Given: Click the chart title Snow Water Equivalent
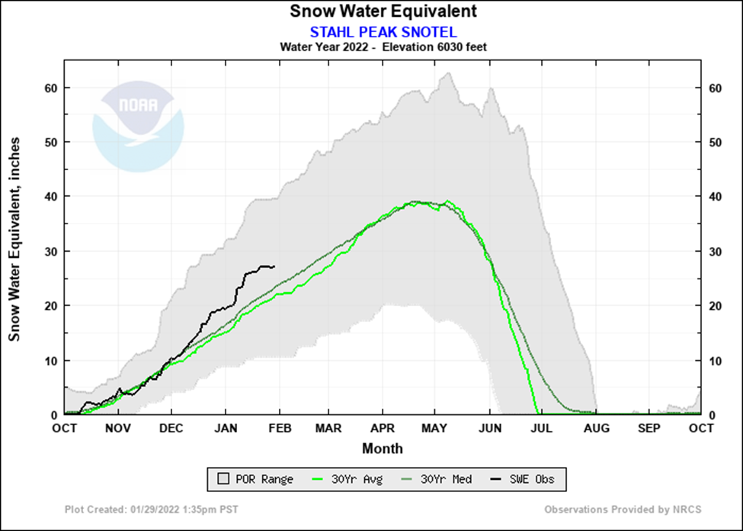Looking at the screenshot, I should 383,11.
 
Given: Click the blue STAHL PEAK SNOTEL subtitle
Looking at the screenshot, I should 383,31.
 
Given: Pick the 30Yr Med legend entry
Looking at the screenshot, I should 437,479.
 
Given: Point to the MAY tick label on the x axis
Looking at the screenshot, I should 434,429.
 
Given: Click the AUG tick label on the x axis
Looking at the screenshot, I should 596,429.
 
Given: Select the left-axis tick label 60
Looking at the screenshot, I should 51,88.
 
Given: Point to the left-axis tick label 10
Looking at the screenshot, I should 51,360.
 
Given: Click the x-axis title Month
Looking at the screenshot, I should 383,449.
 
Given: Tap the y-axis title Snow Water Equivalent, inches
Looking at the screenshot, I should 14,240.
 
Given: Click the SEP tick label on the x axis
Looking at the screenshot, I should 649,429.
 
